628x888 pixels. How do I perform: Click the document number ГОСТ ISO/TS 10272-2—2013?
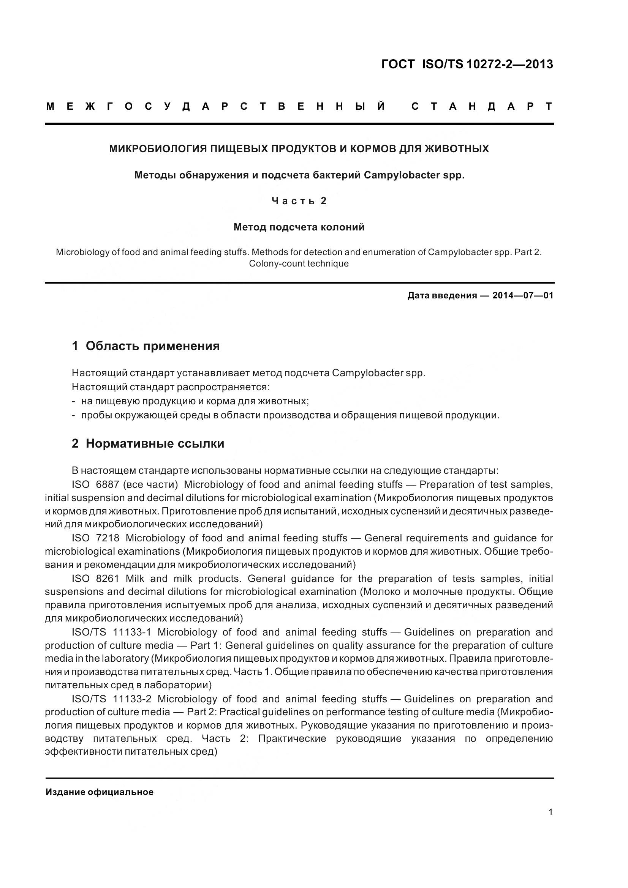[467, 64]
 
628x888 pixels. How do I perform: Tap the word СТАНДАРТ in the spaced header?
[482, 106]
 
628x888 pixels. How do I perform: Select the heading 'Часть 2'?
[299, 201]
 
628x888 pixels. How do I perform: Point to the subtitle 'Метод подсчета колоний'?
[299, 227]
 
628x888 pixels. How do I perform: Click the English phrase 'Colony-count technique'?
[299, 264]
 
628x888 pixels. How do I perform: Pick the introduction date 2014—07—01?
[523, 296]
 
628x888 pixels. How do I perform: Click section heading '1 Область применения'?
[146, 346]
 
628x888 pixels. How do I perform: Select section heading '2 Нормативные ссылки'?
[148, 443]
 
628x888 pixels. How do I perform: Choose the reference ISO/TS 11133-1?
[111, 632]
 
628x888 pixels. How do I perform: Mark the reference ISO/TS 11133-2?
[111, 699]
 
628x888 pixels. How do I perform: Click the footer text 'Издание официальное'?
[100, 792]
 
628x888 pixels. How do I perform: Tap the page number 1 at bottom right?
[550, 812]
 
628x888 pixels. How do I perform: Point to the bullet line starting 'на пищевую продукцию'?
[195, 401]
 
